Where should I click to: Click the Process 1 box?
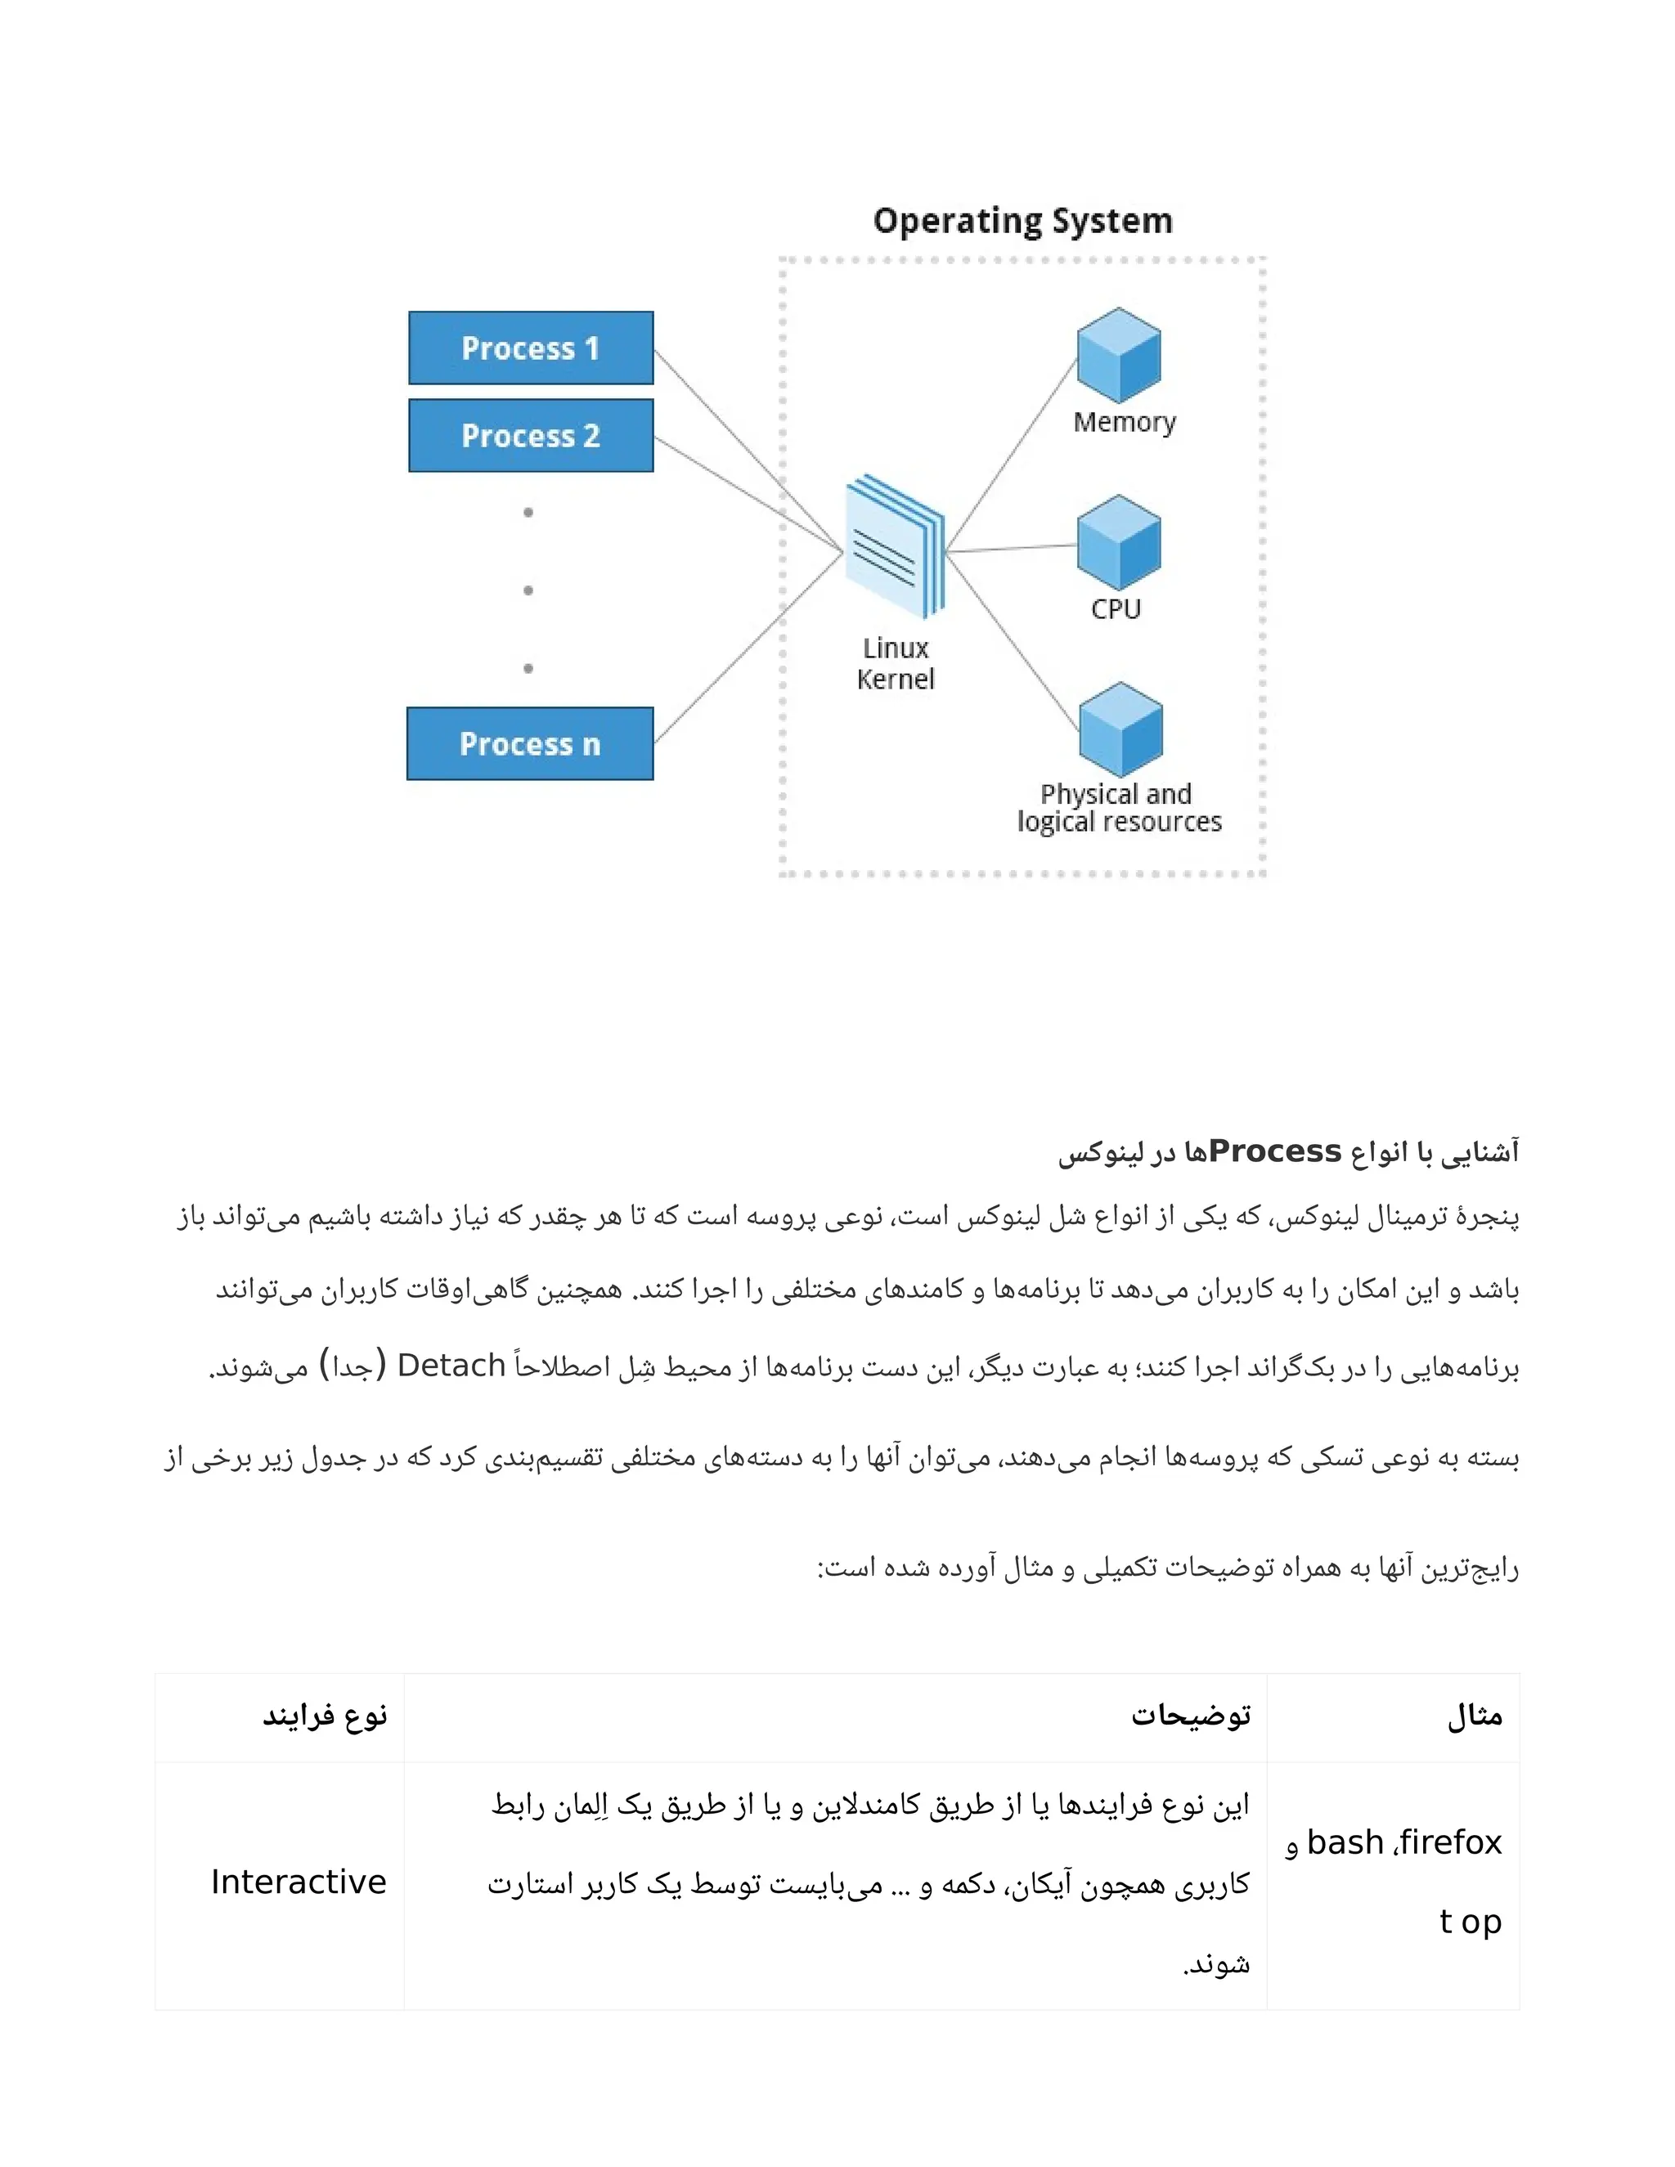point(531,348)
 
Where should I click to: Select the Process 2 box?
point(531,436)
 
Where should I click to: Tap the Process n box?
point(530,743)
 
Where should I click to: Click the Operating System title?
point(1022,220)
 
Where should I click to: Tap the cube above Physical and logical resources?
point(1120,729)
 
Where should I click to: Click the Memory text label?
point(1125,423)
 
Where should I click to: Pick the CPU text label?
point(1116,609)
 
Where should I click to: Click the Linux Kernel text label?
point(895,664)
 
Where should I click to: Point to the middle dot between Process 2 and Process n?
point(528,590)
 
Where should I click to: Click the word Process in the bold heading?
point(1274,1151)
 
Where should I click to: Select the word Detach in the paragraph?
point(451,1366)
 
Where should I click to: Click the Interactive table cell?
point(298,1882)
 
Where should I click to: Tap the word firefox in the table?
point(1451,1842)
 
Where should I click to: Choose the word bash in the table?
point(1345,1842)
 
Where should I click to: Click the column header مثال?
point(1475,1716)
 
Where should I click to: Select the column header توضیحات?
point(1191,1716)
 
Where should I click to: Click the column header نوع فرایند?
point(325,1716)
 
